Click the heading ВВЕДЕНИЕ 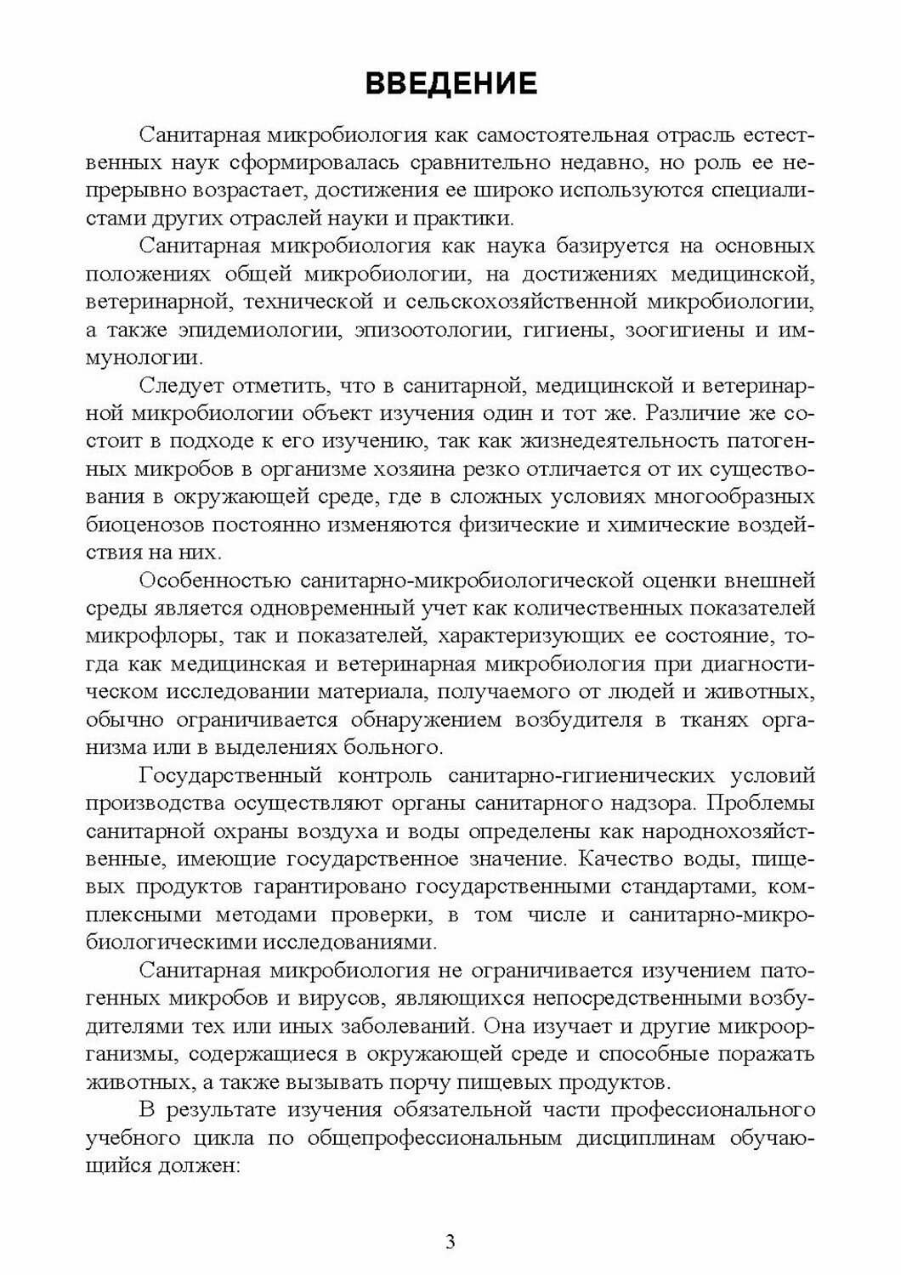[450, 83]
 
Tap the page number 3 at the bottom [450, 1241]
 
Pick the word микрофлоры [142, 637]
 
